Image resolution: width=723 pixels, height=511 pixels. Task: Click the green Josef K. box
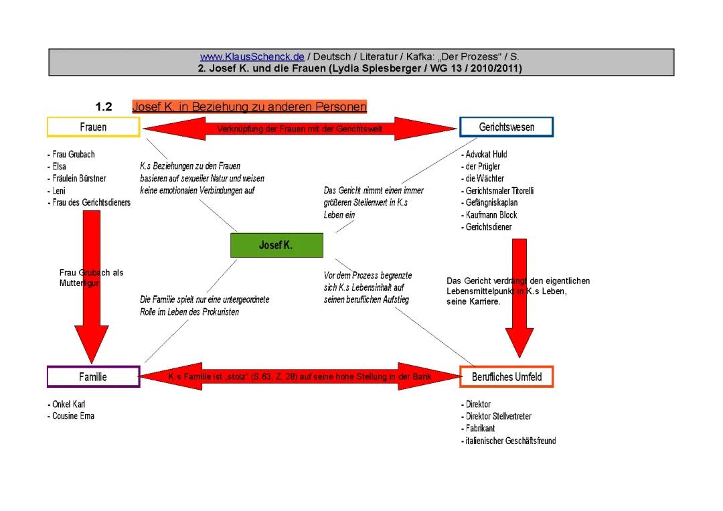(276, 246)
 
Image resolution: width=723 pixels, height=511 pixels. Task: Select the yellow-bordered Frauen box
(93, 127)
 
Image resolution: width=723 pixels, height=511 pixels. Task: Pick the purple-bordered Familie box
(93, 376)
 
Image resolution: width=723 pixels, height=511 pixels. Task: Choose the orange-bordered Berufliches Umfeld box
(506, 377)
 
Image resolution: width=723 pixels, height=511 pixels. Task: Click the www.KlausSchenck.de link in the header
(252, 57)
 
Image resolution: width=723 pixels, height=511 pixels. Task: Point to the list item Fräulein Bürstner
(78, 179)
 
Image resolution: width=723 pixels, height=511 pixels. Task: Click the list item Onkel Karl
(68, 405)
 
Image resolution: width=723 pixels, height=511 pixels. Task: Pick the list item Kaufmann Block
(490, 215)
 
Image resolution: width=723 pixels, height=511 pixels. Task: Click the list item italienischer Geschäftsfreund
(509, 441)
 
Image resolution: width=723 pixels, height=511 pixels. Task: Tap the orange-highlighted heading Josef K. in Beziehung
(249, 107)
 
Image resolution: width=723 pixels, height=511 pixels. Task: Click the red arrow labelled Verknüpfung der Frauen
(299, 129)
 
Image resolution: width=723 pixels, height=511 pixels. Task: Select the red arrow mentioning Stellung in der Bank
(299, 377)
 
